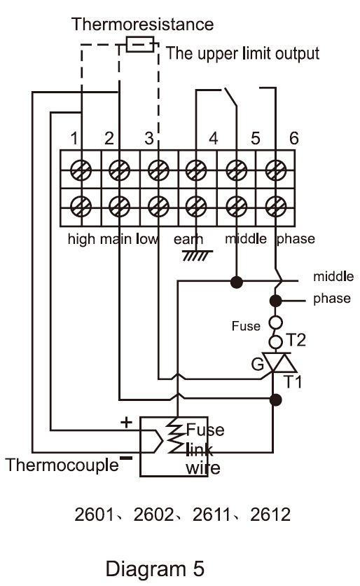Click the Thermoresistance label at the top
pyautogui.click(x=142, y=25)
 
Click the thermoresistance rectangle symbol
pyautogui.click(x=140, y=44)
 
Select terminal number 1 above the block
pyautogui.click(x=74, y=138)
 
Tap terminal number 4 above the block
pyautogui.click(x=213, y=138)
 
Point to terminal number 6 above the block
pyautogui.click(x=294, y=138)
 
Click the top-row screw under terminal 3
pyautogui.click(x=158, y=170)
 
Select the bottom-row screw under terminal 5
pyautogui.click(x=237, y=206)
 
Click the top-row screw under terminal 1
pyautogui.click(x=81, y=170)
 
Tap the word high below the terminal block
pyautogui.click(x=81, y=239)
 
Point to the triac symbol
pyautogui.click(x=279, y=362)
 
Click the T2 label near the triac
pyautogui.click(x=296, y=340)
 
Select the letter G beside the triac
pyautogui.click(x=258, y=364)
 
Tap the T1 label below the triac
pyautogui.click(x=293, y=382)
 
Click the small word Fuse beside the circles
pyautogui.click(x=246, y=326)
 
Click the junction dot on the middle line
pyautogui.click(x=237, y=282)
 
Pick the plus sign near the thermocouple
pyautogui.click(x=126, y=422)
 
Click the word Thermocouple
pyautogui.click(x=62, y=465)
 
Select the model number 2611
pyautogui.click(x=212, y=515)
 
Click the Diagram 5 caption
pyautogui.click(x=155, y=568)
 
